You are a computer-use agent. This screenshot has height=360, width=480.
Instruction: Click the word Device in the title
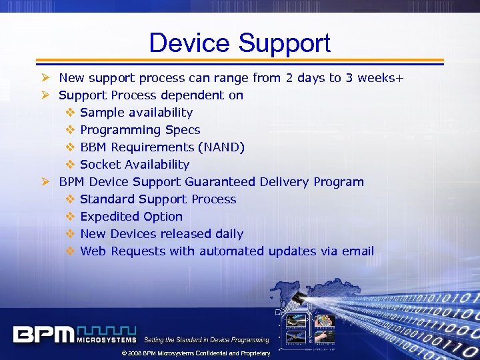pos(190,43)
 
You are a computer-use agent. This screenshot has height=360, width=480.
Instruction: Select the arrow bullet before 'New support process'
pos(45,78)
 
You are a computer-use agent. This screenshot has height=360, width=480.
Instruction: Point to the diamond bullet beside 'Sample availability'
pos(70,113)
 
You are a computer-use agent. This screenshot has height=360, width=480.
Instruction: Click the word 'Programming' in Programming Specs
pos(121,130)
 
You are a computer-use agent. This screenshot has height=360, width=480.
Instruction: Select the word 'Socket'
pos(100,165)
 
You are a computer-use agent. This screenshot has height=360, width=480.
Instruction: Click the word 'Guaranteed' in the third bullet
pos(219,182)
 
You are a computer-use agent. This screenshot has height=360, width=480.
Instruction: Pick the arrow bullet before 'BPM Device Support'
pos(45,182)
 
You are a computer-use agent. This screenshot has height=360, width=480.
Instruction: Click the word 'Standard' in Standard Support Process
pos(107,199)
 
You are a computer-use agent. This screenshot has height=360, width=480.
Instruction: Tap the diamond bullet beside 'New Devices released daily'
pos(70,234)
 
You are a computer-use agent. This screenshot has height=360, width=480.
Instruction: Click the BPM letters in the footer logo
pos(43,333)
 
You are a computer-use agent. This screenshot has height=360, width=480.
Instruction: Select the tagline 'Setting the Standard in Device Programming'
pos(207,340)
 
